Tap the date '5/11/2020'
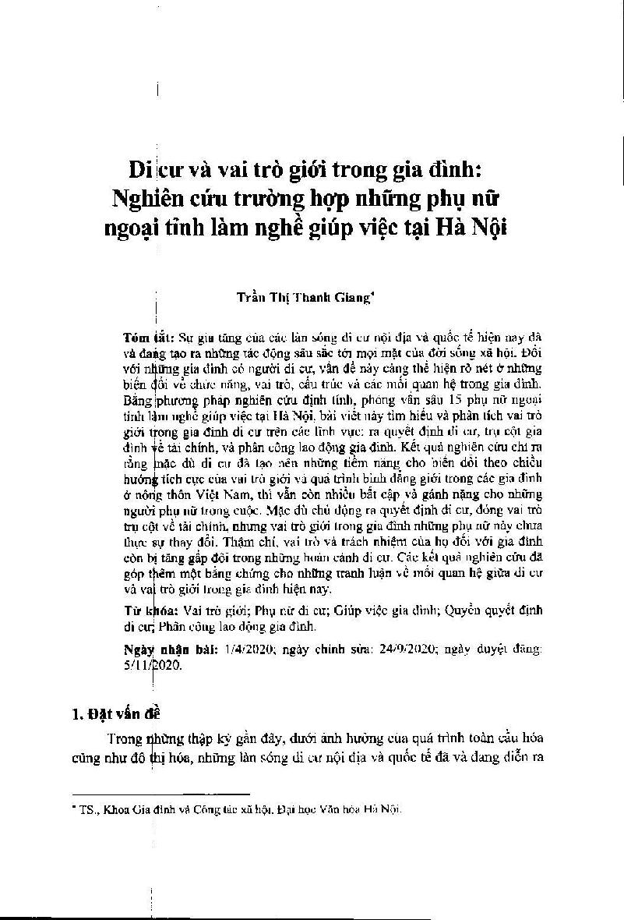153,665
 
